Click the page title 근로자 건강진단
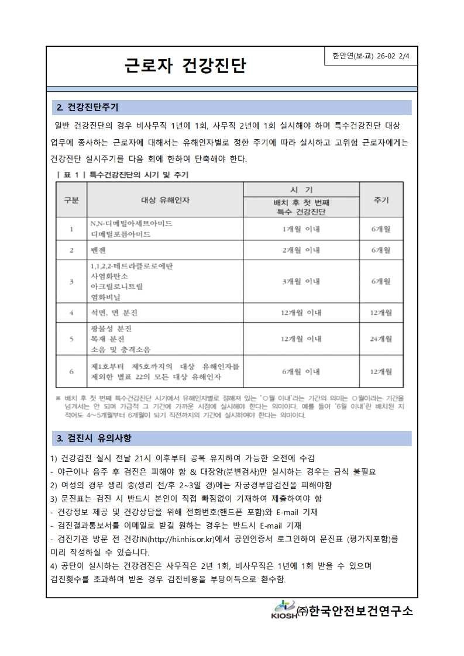[185, 66]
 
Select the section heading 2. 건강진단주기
[88, 108]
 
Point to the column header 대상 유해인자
[165, 200]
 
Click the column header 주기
[381, 200]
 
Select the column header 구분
[71, 200]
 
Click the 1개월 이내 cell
[301, 229]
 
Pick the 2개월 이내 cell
[301, 250]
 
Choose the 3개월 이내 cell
[301, 281]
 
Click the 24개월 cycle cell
[381, 339]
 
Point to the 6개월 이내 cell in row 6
[301, 371]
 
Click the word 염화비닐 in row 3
[105, 297]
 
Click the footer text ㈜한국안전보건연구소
[355, 611]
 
